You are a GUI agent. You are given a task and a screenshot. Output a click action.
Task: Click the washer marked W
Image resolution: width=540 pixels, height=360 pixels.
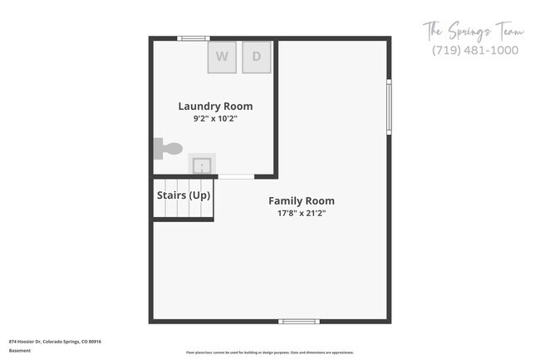[222, 57]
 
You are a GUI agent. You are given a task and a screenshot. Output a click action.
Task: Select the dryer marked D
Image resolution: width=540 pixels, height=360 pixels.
[257, 57]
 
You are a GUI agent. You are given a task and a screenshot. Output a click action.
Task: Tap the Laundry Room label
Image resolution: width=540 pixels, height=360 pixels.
[215, 106]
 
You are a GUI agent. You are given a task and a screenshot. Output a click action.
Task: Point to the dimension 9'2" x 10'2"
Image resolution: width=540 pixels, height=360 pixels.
[215, 119]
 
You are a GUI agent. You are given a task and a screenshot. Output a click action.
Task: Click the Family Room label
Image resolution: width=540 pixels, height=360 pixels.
[302, 200]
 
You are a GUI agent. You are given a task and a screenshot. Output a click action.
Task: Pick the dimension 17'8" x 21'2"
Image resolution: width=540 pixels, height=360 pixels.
[302, 213]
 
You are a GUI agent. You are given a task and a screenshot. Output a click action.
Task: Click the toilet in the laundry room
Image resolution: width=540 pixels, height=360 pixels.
[168, 149]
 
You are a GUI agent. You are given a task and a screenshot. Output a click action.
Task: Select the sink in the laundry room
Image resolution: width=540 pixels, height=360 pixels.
[202, 165]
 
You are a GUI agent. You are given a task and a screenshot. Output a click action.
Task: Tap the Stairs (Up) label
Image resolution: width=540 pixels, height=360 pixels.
[184, 195]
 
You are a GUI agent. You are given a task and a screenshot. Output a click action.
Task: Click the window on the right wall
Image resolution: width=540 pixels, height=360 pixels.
[389, 106]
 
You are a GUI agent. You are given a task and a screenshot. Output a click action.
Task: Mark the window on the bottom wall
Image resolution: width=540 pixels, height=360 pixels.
[298, 321]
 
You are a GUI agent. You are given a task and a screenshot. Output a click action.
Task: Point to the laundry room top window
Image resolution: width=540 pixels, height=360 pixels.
[193, 38]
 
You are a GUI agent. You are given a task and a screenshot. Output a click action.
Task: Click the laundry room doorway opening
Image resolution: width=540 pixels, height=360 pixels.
[236, 176]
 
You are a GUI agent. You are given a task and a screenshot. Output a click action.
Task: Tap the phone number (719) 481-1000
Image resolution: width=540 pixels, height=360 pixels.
[475, 50]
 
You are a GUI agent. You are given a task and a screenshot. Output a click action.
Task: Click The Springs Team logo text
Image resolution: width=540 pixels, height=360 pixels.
[474, 32]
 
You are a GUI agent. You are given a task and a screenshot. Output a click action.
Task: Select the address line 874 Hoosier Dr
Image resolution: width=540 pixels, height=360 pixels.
[54, 341]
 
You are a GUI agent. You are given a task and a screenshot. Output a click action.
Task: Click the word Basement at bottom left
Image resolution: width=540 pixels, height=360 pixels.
[20, 350]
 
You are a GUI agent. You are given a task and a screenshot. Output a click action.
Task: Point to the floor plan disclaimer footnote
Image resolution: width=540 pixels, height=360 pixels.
[269, 353]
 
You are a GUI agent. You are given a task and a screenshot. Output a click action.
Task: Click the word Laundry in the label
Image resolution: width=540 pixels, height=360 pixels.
[198, 106]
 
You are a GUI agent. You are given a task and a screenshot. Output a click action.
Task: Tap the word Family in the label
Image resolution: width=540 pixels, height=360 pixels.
[284, 200]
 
